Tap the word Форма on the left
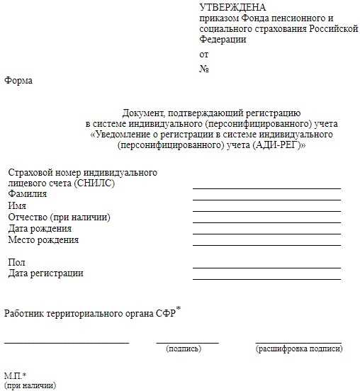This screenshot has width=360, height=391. (x=18, y=81)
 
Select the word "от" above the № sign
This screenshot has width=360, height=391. (x=204, y=54)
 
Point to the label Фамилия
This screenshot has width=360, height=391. (x=28, y=194)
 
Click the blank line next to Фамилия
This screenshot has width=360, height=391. (x=266, y=200)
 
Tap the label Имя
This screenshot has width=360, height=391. (x=17, y=205)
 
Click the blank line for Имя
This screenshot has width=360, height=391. (x=266, y=211)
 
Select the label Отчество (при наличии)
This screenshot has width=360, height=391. (x=59, y=217)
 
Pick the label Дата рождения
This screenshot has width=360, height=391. (x=40, y=229)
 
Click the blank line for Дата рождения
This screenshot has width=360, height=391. (x=266, y=234)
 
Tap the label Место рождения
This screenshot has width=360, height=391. (x=43, y=240)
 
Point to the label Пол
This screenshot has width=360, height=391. (x=16, y=263)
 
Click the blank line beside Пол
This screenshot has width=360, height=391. (x=266, y=268)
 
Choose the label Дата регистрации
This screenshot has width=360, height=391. (x=45, y=273)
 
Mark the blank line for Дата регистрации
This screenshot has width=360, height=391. (x=266, y=279)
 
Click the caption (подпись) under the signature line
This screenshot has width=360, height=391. (x=183, y=348)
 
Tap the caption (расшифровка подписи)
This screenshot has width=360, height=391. (x=298, y=348)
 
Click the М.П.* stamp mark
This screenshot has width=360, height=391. (x=15, y=375)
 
